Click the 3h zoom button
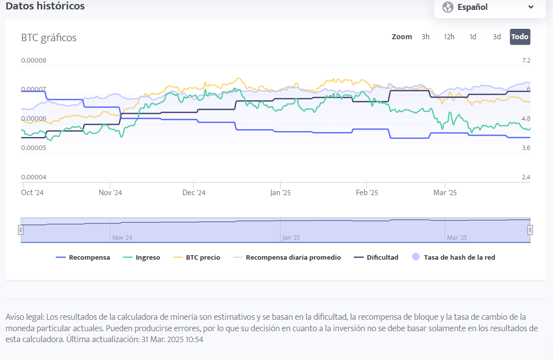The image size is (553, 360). (425, 37)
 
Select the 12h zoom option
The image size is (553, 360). (449, 37)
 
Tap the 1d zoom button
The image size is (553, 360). (473, 37)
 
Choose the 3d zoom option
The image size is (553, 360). (497, 37)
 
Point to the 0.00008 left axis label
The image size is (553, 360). (34, 61)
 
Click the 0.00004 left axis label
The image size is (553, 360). (34, 177)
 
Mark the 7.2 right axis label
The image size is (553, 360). (526, 61)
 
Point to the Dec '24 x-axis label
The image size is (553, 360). (194, 193)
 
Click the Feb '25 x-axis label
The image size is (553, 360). (367, 193)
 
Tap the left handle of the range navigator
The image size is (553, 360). (21, 230)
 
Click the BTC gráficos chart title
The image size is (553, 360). (49, 38)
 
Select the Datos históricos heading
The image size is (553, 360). (45, 6)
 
